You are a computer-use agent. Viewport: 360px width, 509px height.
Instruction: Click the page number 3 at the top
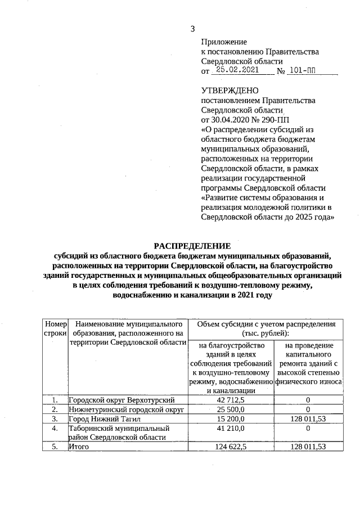pyautogui.click(x=193, y=29)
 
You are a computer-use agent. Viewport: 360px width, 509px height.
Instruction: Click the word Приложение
pyautogui.click(x=224, y=42)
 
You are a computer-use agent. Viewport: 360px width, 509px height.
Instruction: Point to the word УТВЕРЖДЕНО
pyautogui.click(x=229, y=91)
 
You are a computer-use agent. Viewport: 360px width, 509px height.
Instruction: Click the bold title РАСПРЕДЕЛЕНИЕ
pyautogui.click(x=192, y=245)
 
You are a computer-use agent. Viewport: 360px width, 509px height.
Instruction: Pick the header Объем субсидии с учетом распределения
pyautogui.click(x=264, y=329)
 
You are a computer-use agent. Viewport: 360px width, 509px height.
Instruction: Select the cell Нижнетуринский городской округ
pyautogui.click(x=127, y=409)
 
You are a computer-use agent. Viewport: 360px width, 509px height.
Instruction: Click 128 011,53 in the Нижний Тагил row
pyautogui.click(x=307, y=418)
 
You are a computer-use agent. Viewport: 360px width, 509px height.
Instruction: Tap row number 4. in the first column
pyautogui.click(x=55, y=428)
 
